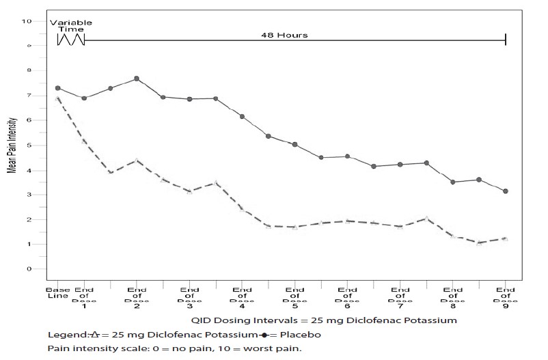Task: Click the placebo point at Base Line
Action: (58, 88)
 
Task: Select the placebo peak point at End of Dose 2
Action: (137, 79)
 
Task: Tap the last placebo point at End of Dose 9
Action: (506, 191)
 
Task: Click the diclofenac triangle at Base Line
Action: (58, 99)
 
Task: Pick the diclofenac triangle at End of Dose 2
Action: (137, 161)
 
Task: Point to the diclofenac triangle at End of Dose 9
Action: (506, 238)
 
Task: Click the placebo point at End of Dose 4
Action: (242, 117)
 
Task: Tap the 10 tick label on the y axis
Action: (27, 21)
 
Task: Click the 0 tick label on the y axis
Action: (29, 269)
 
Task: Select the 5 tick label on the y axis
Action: (29, 146)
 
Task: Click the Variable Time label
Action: (70, 26)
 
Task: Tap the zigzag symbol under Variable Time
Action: (71, 40)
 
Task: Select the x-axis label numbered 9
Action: (506, 306)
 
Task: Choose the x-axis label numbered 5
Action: (294, 306)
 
